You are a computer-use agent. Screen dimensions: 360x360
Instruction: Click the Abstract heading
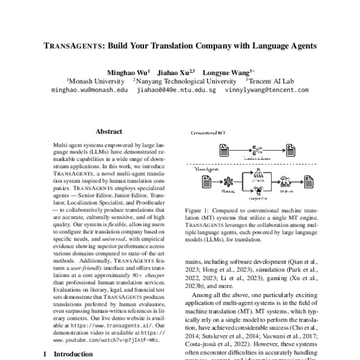point(109,131)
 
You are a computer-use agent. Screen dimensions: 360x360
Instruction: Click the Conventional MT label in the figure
point(208,132)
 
